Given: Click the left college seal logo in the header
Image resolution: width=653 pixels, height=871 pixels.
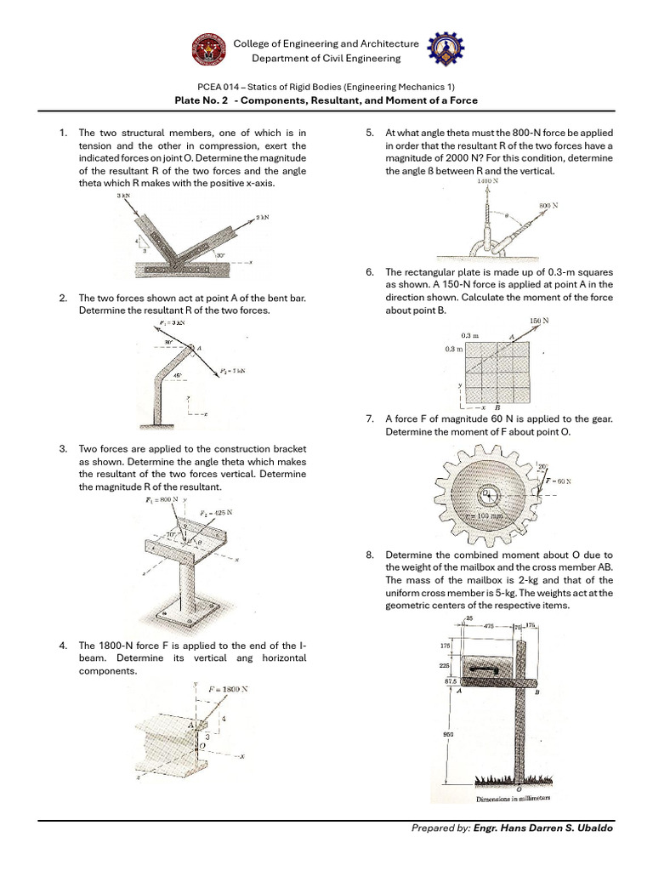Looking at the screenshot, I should pos(208,50).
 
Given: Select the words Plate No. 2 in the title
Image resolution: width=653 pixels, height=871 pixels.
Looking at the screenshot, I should pos(202,100).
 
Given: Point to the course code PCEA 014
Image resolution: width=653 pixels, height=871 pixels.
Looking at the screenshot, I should pos(220,87).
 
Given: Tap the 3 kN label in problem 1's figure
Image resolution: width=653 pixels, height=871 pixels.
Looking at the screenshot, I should pos(124,196).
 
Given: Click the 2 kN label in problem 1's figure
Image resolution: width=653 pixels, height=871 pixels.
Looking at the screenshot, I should pos(263,218).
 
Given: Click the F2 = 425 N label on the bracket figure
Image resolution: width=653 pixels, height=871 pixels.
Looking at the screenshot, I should pos(216,513).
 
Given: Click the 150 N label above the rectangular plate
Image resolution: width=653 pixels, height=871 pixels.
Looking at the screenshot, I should pos(539,321).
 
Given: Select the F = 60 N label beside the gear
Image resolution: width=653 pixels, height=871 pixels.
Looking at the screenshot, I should pos(558,481).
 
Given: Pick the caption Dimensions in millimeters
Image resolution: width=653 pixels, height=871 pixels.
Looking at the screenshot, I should pos(513,799).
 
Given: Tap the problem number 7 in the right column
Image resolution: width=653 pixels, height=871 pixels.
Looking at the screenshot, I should pos(370,418).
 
